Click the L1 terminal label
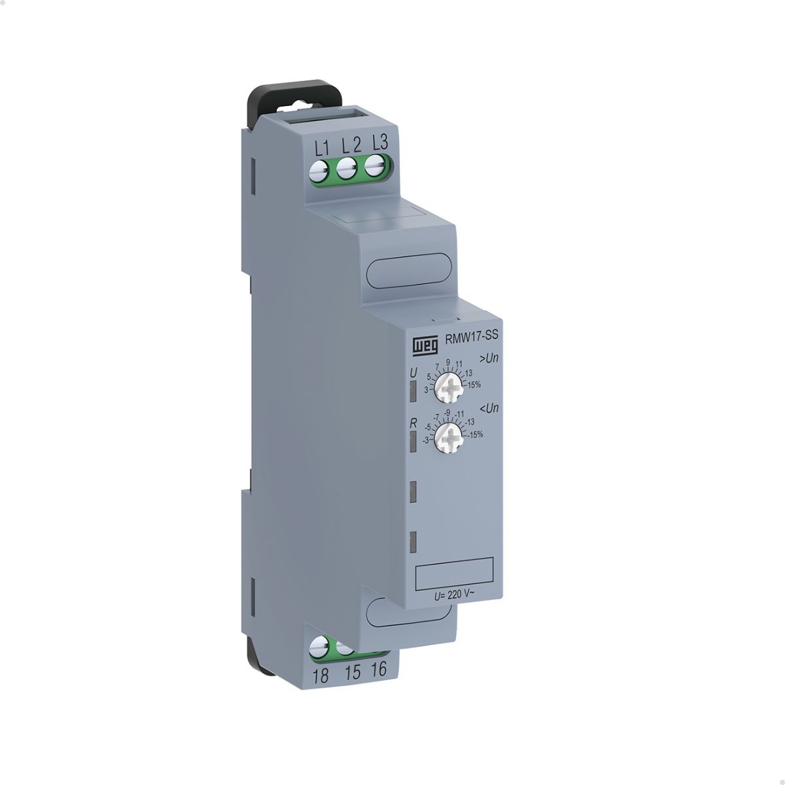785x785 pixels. tap(323, 148)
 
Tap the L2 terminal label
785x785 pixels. tap(351, 146)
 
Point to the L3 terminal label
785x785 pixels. tap(379, 143)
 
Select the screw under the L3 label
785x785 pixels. tap(375, 166)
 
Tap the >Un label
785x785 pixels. tap(489, 359)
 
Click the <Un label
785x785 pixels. tap(490, 408)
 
